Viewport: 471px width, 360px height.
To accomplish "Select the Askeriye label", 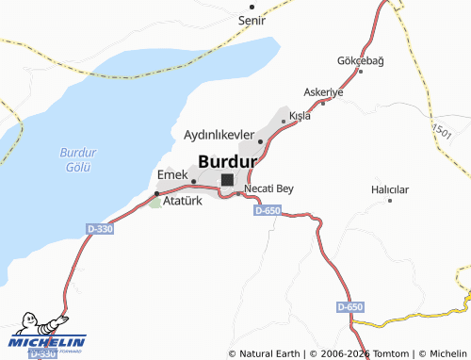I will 323,92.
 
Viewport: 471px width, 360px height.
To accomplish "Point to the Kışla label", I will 300,116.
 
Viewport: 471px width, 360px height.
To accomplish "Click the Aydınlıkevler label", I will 219,136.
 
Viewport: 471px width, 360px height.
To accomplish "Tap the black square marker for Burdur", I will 227,179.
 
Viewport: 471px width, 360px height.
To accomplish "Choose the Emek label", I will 172,174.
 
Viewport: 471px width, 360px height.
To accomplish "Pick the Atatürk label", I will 184,201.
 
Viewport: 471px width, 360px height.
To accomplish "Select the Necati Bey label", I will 268,188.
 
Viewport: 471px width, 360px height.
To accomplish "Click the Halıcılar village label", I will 390,189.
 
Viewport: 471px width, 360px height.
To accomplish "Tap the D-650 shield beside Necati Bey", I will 268,210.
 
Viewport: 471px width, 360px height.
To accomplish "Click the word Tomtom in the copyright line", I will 388,353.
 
